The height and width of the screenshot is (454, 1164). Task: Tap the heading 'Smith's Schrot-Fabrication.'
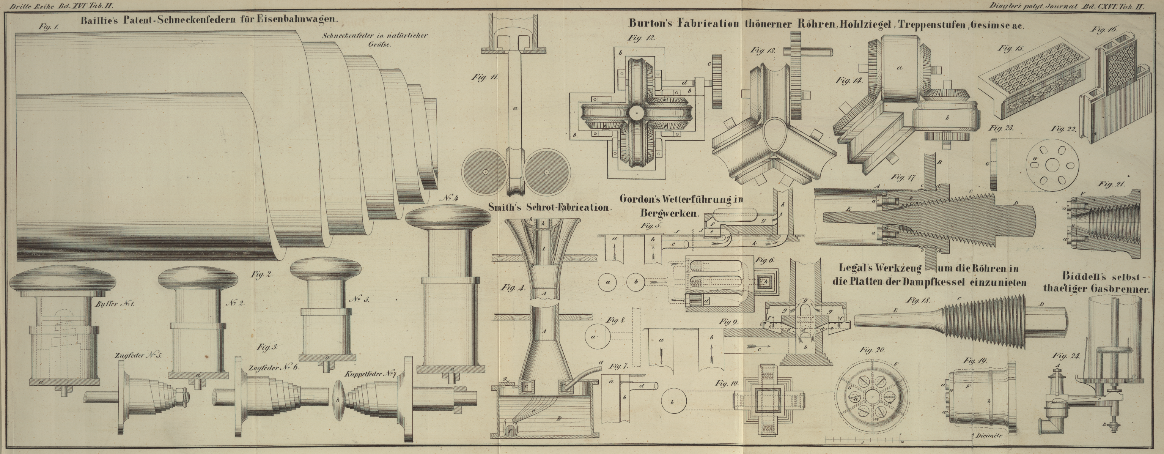[549, 208]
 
